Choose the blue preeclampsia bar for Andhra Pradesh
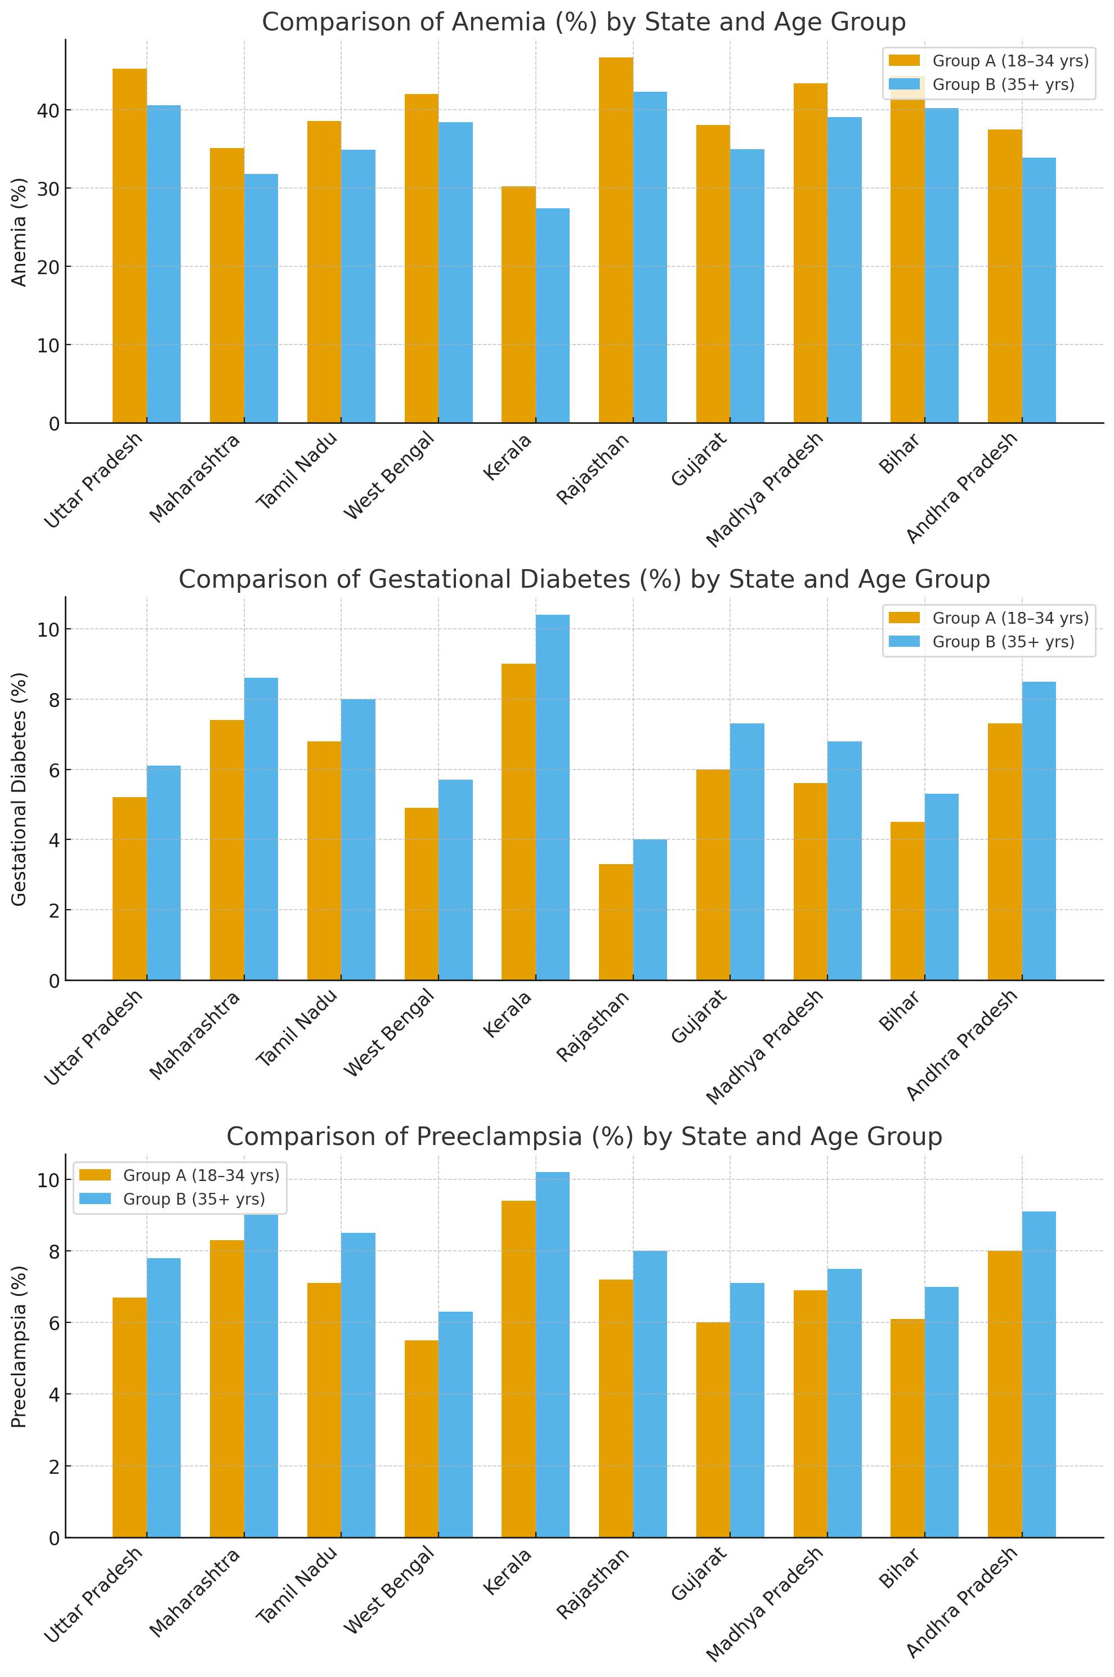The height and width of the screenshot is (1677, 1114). [x=1039, y=1374]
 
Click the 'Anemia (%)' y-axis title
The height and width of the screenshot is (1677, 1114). [x=19, y=232]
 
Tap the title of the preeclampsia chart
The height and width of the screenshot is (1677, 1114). [x=584, y=1137]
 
